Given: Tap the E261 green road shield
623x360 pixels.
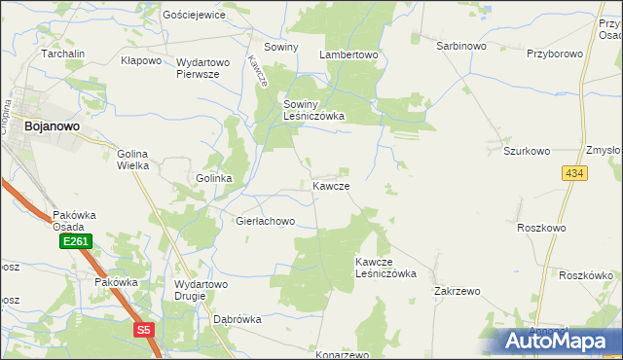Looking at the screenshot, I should (74, 240).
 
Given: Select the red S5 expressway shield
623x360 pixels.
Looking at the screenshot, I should (144, 330).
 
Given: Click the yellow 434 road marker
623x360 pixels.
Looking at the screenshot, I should (573, 172).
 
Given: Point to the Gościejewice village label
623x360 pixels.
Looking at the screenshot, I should (195, 15).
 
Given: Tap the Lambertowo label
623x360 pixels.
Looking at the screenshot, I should (348, 55).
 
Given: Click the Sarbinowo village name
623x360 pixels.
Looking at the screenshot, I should (460, 46).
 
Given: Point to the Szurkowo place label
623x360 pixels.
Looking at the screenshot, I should (527, 152).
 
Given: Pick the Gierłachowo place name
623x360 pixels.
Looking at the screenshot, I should (265, 222).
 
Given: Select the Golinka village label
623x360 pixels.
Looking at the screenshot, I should (214, 179).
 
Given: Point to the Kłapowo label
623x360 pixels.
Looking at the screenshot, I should (140, 60).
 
